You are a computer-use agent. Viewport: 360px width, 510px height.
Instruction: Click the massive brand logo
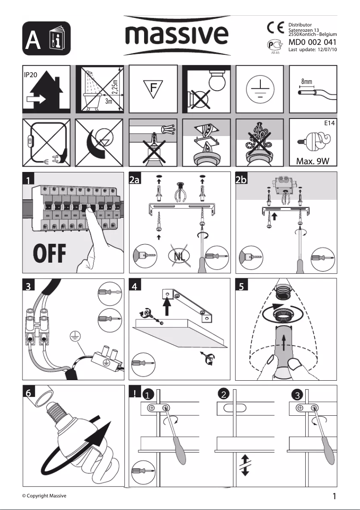pyautogui.click(x=177, y=35)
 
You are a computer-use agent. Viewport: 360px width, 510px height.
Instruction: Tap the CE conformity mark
pyautogui.click(x=276, y=28)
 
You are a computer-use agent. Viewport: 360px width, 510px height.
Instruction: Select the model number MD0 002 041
pyautogui.click(x=312, y=42)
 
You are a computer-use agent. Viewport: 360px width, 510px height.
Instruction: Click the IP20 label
pyautogui.click(x=31, y=75)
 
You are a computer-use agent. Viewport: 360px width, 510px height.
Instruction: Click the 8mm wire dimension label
pyautogui.click(x=306, y=81)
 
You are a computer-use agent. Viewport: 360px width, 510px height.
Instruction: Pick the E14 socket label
pyautogui.click(x=329, y=123)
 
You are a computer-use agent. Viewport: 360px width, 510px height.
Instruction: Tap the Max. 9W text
pyautogui.click(x=312, y=161)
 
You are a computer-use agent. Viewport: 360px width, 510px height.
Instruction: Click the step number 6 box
pyautogui.click(x=28, y=392)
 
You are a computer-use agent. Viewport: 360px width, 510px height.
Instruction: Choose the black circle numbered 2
pyautogui.click(x=224, y=395)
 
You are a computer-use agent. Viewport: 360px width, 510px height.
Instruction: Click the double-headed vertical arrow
pyautogui.click(x=245, y=466)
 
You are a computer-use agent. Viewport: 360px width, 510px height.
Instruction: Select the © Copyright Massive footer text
pyautogui.click(x=44, y=496)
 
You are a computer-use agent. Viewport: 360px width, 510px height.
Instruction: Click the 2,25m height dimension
pyautogui.click(x=115, y=87)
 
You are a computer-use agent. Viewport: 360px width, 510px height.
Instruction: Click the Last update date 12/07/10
pyautogui.click(x=327, y=49)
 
